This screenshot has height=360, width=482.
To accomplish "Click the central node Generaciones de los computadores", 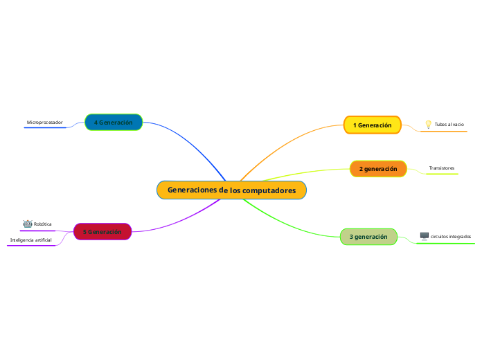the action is pos(231,190).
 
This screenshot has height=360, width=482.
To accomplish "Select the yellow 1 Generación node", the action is pos(372,125).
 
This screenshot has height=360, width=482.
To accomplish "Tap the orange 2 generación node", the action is pos(378,169).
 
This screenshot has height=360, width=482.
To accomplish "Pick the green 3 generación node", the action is pos(368,237).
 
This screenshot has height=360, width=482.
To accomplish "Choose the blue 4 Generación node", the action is pos(114,123).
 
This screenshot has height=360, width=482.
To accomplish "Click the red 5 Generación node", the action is pos(102,232).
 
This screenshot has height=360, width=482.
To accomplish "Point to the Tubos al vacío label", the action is pos(449,125).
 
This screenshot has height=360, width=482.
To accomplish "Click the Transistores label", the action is pos(442,168).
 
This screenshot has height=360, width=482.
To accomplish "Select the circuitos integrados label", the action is pos(451,237).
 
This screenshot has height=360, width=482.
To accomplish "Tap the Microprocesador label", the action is pos(44,123).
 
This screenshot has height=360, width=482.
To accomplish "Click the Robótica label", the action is pos(43,224).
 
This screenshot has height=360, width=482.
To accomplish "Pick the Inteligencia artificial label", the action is pos(30,240).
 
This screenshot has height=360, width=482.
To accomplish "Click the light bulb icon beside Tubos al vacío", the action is pos(428,125).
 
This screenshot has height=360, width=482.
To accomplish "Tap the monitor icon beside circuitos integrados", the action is pos(425,237).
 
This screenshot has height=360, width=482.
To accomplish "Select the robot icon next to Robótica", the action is pos(28,224).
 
